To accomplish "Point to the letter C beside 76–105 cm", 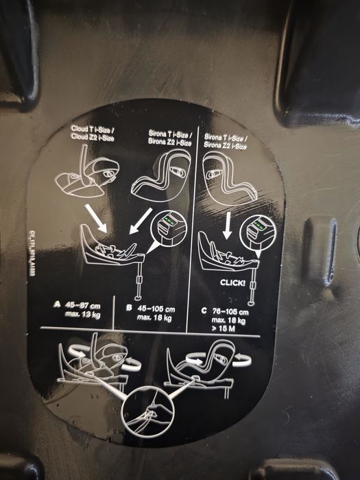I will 205,309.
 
